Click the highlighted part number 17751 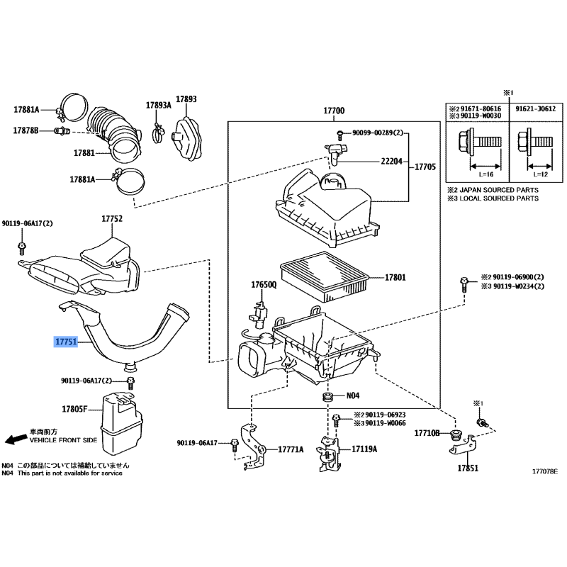click(66, 342)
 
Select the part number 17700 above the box click(334, 111)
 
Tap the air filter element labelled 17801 click(325, 276)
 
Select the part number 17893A click(159, 105)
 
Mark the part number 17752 click(112, 218)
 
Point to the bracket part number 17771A click(291, 449)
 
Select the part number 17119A click(365, 449)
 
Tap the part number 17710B click(427, 432)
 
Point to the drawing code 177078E click(545, 471)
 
